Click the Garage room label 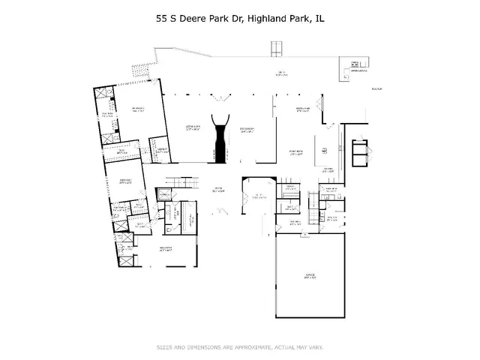(309, 276)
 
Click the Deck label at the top (282, 73)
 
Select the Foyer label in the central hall (219, 189)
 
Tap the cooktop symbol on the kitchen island (325, 151)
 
